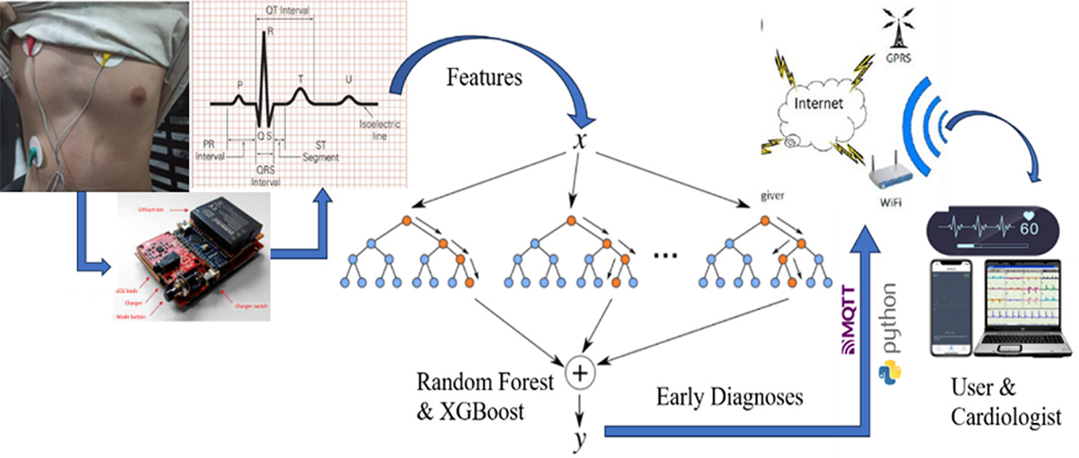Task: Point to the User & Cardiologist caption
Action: click(x=1003, y=403)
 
